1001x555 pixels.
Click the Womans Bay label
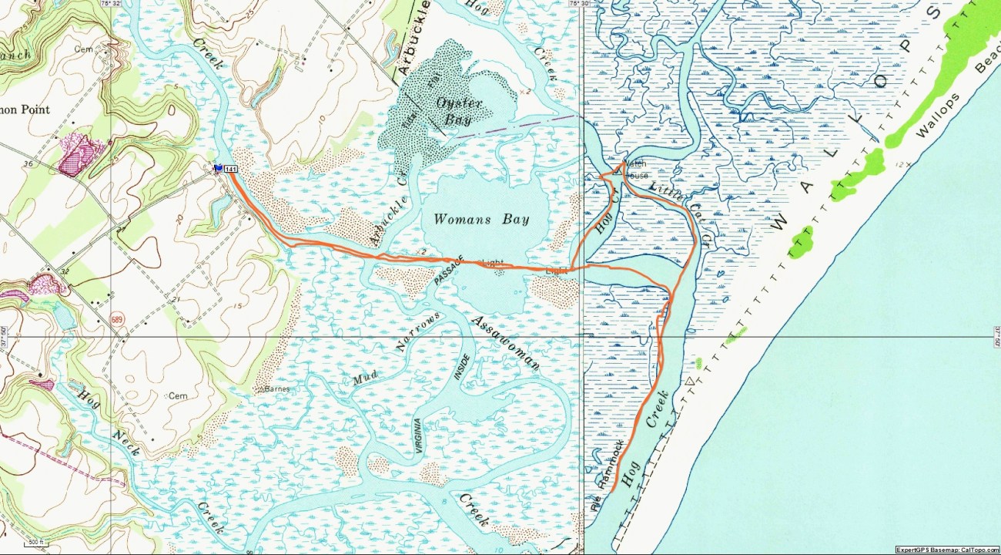tap(481, 219)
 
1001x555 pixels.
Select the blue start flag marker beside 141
tap(219, 167)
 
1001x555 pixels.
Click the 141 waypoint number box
tap(230, 168)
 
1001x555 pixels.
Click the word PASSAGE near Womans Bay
tap(450, 271)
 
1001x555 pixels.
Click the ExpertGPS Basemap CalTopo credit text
tap(947, 550)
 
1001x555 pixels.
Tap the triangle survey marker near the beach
tap(689, 382)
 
